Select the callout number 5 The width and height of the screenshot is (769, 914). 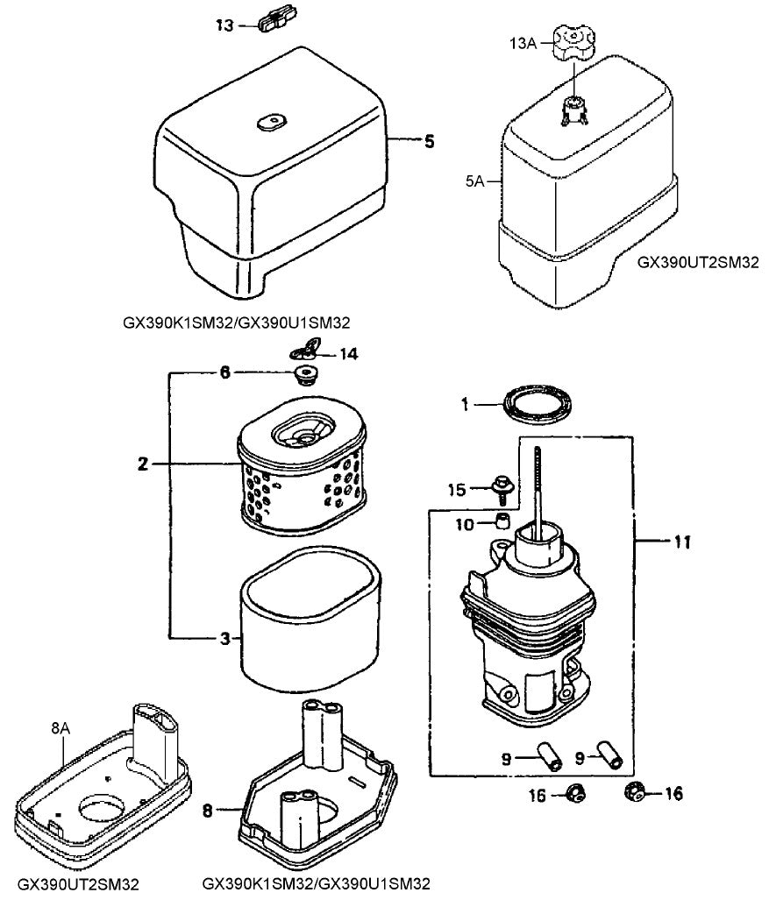tap(429, 141)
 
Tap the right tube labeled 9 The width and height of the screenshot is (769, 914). tap(610, 755)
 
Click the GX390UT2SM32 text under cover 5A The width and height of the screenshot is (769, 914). tap(697, 261)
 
